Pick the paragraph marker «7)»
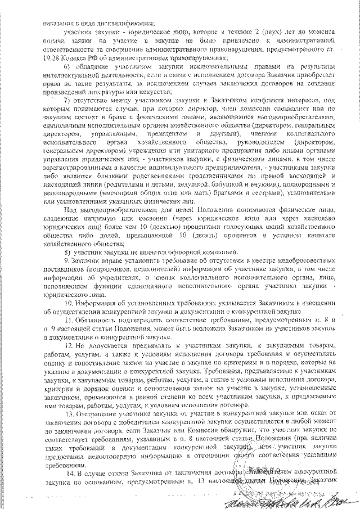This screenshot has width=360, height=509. (66, 100)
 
